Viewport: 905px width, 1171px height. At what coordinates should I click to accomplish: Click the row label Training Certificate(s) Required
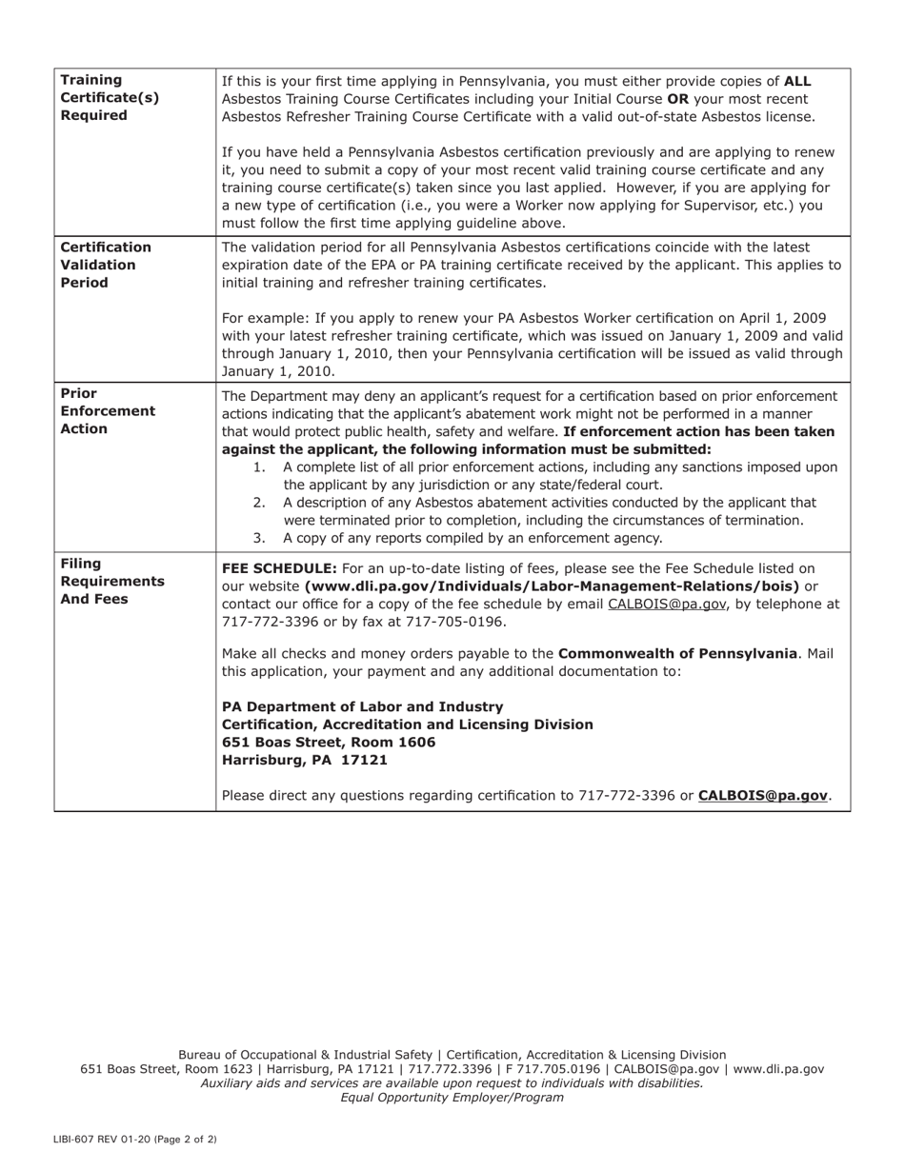click(110, 98)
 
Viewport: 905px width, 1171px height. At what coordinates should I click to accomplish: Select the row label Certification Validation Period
click(106, 265)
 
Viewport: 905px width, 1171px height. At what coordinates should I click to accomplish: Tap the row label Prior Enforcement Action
click(108, 411)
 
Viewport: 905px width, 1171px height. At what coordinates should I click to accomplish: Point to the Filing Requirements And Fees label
click(112, 581)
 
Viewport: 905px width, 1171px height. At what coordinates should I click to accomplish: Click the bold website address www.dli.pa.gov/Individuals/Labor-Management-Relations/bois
click(552, 586)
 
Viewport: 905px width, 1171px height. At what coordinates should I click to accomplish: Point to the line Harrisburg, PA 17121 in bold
click(305, 760)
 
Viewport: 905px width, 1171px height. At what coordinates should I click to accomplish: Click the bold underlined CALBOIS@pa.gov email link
click(762, 795)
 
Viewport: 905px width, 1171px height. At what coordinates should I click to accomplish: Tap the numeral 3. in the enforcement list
click(259, 538)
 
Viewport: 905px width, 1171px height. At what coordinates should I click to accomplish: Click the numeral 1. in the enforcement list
click(259, 467)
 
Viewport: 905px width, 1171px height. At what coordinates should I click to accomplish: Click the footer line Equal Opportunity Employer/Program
click(452, 1097)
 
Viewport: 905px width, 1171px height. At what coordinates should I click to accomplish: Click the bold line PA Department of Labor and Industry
click(362, 706)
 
